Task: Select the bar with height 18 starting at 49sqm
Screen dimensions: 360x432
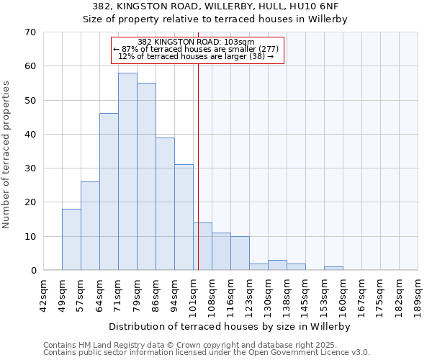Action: tap(71, 240)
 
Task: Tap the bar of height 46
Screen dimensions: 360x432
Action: tap(109, 192)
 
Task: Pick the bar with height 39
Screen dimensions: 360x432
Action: tap(165, 204)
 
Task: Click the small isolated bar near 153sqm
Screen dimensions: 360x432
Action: tap(333, 269)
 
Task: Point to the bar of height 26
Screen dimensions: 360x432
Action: tap(90, 226)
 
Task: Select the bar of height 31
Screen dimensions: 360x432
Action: tap(184, 217)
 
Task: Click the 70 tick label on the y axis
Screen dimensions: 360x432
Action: tap(30, 32)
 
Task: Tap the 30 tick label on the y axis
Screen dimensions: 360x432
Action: tap(30, 168)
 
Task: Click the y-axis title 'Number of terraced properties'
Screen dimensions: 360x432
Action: tap(6, 155)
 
